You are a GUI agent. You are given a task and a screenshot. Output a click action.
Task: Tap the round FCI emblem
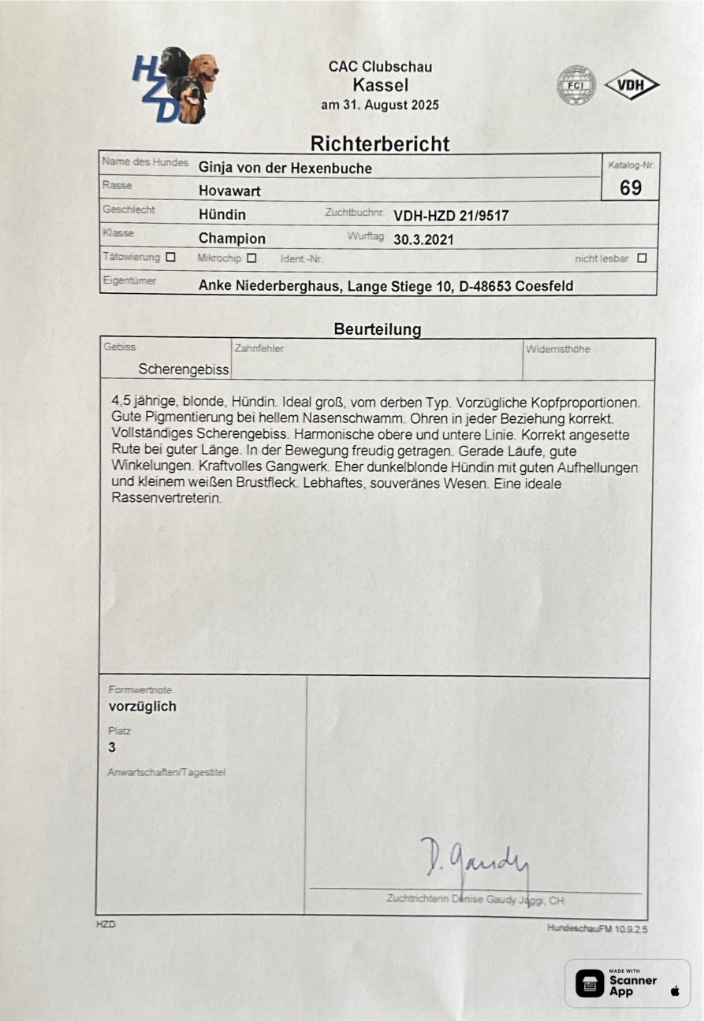(576, 85)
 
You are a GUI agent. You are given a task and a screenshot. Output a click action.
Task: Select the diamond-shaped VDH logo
(631, 85)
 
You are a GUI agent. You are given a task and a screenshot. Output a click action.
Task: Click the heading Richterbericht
(380, 143)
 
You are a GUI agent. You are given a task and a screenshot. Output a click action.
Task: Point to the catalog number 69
(630, 187)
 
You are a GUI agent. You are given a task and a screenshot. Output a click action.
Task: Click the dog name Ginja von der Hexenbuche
(285, 168)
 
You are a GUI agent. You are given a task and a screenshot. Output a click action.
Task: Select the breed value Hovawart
(229, 191)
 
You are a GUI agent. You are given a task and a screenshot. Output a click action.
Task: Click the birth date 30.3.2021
(423, 239)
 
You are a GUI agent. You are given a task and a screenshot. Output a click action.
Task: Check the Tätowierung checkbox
(170, 257)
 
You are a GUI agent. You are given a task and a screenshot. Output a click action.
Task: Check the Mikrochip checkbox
(251, 258)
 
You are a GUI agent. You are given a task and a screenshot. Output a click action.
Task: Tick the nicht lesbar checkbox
(642, 258)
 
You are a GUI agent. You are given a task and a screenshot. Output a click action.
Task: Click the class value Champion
(232, 239)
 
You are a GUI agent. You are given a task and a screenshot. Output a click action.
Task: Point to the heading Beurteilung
(378, 329)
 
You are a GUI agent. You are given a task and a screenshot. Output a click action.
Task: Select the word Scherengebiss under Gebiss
(184, 369)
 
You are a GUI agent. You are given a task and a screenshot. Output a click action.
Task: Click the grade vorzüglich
(142, 707)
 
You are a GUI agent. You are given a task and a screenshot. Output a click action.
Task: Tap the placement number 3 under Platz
(112, 748)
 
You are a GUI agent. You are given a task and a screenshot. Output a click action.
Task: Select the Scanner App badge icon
(590, 983)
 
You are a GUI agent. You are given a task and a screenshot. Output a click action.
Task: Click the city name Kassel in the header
(380, 85)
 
